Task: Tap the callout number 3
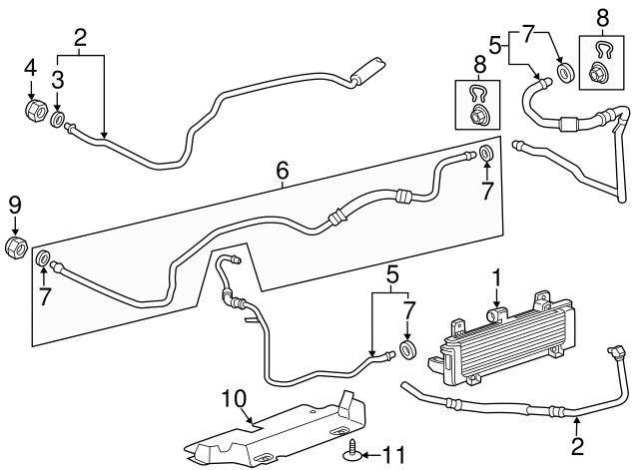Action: click(58, 79)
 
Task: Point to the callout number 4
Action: click(30, 69)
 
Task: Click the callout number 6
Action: click(284, 173)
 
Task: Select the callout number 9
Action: click(14, 207)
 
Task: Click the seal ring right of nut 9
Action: click(44, 261)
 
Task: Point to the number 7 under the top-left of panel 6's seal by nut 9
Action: click(44, 298)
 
